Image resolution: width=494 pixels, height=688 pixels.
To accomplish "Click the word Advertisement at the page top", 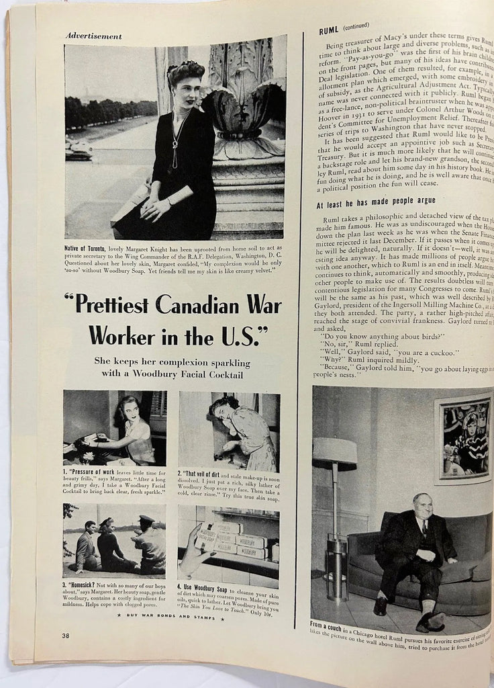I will tap(94, 36).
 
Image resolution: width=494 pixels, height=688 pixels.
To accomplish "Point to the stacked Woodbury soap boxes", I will tap(236, 540).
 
